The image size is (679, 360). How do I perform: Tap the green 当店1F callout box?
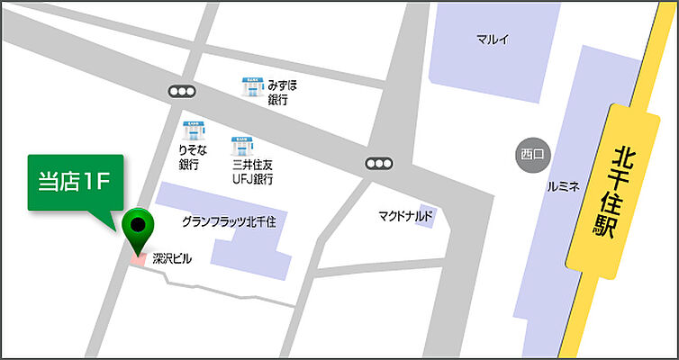75,182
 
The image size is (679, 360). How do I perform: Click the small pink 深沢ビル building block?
138,259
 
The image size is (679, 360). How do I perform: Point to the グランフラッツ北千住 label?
228,220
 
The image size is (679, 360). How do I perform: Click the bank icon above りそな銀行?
193,130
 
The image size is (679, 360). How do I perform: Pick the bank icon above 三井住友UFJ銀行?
242,144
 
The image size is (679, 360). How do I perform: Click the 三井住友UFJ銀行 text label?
252,171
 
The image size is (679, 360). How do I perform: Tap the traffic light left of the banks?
181,91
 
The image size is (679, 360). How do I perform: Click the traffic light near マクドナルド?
379,164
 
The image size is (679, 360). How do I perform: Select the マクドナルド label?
406,216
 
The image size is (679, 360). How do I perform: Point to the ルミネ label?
564,187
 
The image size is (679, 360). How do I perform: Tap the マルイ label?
493,39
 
